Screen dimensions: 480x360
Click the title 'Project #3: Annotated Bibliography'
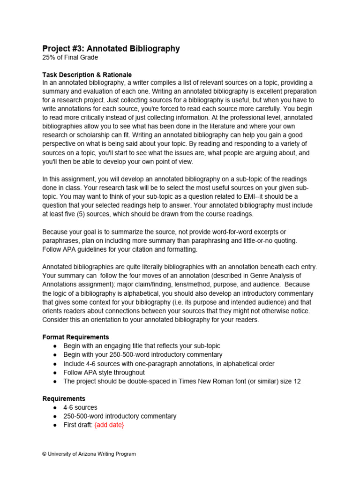click(111, 49)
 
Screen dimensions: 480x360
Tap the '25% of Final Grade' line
click(70, 58)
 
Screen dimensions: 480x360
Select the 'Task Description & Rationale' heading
click(87, 75)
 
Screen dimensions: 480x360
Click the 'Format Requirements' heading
click(75, 337)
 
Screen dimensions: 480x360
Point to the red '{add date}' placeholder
click(109, 425)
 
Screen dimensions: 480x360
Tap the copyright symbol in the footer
click(45, 454)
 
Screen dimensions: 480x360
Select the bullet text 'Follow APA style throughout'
click(104, 372)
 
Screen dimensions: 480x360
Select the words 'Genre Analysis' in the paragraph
click(270, 275)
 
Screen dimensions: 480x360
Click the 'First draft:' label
click(78, 425)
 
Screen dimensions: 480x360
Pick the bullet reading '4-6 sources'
click(81, 407)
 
